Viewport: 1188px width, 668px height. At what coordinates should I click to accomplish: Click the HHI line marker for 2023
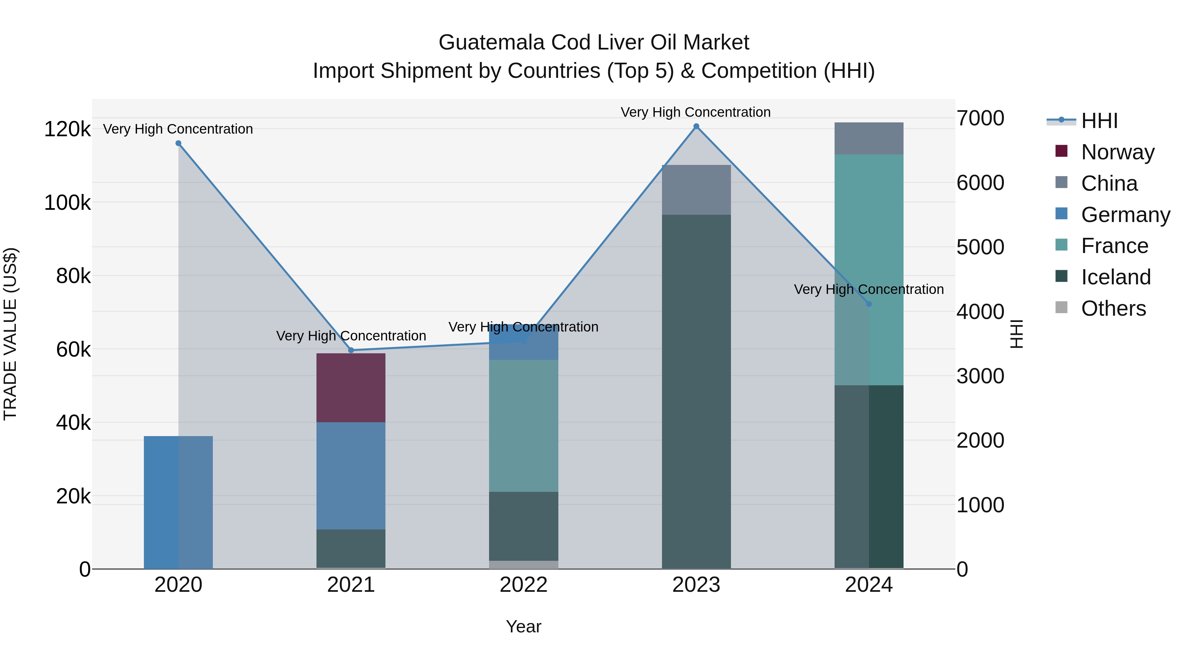[x=696, y=126]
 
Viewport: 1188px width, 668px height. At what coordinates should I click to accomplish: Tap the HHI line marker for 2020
[x=179, y=143]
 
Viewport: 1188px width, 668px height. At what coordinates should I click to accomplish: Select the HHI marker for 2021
[x=351, y=350]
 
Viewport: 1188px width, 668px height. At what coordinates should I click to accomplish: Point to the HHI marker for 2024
[x=869, y=304]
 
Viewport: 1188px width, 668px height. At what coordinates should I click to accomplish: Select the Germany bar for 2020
[x=179, y=502]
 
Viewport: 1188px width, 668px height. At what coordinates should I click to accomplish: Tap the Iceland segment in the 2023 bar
[x=696, y=392]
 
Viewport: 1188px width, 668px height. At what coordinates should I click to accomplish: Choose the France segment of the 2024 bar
[x=869, y=270]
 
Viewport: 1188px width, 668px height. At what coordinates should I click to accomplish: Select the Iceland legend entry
[x=1116, y=277]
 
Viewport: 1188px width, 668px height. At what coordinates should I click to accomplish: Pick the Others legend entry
[x=1113, y=308]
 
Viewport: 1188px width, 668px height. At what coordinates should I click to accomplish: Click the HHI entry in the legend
[x=1100, y=121]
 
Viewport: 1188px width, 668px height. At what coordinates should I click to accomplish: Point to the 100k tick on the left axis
[x=67, y=203]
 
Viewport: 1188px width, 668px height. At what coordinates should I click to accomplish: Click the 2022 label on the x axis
[x=523, y=585]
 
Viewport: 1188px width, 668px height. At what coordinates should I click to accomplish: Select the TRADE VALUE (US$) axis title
[x=10, y=334]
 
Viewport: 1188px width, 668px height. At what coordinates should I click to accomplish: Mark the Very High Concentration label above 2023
[x=695, y=112]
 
